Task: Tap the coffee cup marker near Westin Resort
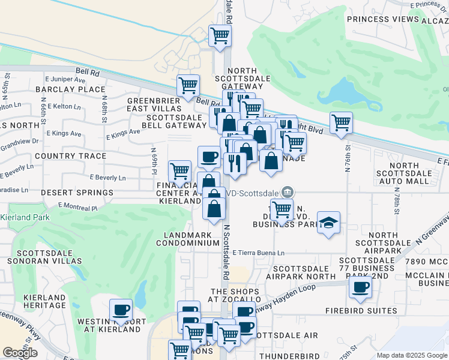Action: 121,310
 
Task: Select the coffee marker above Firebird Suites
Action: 360,287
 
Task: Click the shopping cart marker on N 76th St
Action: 341,122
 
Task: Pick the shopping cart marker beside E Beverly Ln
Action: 179,172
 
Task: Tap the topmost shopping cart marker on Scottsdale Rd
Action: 220,35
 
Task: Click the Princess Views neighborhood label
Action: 382,19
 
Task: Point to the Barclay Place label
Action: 70,89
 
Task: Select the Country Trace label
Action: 70,156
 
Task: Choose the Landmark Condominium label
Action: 188,239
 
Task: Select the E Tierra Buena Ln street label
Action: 258,253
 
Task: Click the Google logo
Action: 20,353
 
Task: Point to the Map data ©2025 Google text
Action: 411,355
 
